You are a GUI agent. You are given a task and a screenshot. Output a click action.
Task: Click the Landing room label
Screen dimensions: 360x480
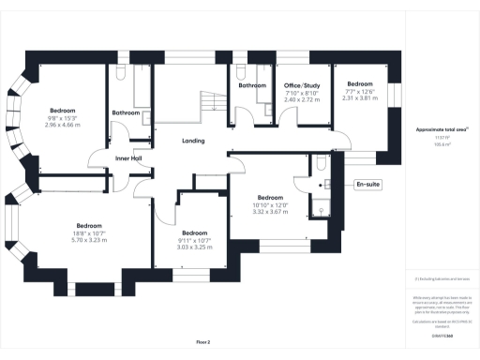tap(193, 141)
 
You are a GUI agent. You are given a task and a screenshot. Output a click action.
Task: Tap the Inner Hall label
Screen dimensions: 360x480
tap(128, 158)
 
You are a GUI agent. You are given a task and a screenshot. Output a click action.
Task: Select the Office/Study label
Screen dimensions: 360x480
tap(302, 85)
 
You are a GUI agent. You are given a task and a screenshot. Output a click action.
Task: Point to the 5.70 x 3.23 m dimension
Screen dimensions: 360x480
tap(89, 241)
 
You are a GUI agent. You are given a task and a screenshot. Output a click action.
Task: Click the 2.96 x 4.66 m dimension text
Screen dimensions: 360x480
tap(64, 124)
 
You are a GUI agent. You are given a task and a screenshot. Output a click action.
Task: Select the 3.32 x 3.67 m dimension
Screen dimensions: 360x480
tap(270, 213)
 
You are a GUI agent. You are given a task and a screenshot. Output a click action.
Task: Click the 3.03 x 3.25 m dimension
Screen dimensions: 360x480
tap(194, 247)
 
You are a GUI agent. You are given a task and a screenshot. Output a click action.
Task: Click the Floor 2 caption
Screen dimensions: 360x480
tap(204, 343)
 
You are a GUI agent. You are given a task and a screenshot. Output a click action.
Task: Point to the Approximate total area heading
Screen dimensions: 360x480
tap(435, 129)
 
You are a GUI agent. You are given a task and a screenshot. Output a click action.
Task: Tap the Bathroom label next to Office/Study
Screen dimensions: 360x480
tap(252, 85)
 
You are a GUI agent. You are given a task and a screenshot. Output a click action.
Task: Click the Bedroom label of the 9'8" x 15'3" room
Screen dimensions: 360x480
tap(64, 111)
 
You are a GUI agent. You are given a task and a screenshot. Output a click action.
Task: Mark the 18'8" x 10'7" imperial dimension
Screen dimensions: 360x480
tap(89, 233)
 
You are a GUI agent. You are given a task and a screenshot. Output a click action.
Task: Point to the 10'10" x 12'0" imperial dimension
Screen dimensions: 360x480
tap(270, 205)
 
